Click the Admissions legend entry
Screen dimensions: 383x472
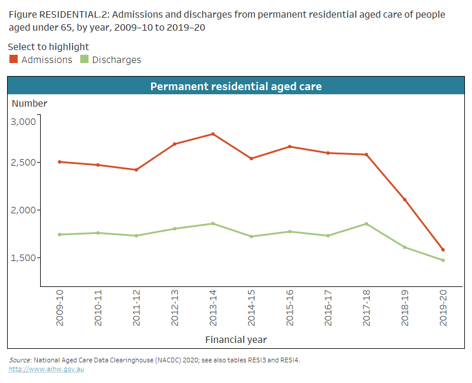(x=41, y=60)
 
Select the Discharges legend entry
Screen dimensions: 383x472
(x=111, y=60)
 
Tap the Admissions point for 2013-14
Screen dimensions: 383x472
(x=213, y=134)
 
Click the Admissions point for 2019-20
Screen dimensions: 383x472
(x=442, y=250)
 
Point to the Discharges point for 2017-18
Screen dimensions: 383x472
(x=366, y=224)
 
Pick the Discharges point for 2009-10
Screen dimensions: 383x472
(x=60, y=235)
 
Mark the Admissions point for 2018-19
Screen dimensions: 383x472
(x=404, y=200)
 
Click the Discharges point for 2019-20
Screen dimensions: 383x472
(x=442, y=260)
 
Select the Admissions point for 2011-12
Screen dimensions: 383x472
(x=136, y=170)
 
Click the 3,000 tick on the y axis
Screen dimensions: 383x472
(x=24, y=121)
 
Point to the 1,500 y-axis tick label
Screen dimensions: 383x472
(x=24, y=258)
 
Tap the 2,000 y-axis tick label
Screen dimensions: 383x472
(x=24, y=210)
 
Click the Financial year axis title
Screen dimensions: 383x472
(x=236, y=339)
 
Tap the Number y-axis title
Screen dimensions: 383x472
(x=29, y=104)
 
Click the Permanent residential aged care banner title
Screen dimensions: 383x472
(x=236, y=86)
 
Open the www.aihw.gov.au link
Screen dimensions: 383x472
(x=46, y=369)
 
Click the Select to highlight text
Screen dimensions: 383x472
(x=48, y=47)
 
